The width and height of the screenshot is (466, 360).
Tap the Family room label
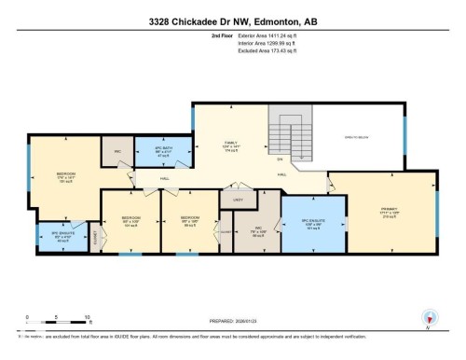[x=230, y=146]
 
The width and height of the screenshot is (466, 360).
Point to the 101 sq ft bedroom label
[x=130, y=223]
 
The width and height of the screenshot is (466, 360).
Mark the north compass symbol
[x=429, y=317]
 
